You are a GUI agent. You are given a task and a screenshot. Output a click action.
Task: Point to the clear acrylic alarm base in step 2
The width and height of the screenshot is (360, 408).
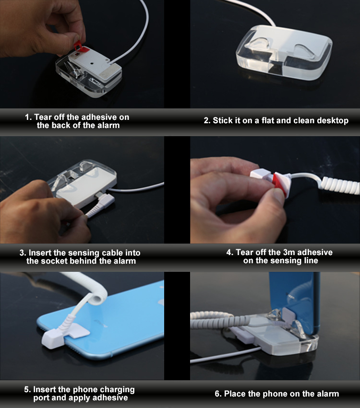click(284, 52)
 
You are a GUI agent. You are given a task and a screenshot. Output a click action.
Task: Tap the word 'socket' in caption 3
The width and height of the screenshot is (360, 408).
click(53, 261)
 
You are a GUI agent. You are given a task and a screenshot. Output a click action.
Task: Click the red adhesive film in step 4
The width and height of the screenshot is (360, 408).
click(279, 184)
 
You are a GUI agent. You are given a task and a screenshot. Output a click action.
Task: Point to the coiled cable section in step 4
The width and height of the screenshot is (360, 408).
click(339, 185)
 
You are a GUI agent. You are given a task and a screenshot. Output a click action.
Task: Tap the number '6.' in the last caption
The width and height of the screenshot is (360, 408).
click(218, 394)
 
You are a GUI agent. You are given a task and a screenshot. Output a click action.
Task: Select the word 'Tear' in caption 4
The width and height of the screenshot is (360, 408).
click(244, 252)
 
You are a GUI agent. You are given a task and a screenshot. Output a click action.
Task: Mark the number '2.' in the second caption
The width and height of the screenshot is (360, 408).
click(207, 121)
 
